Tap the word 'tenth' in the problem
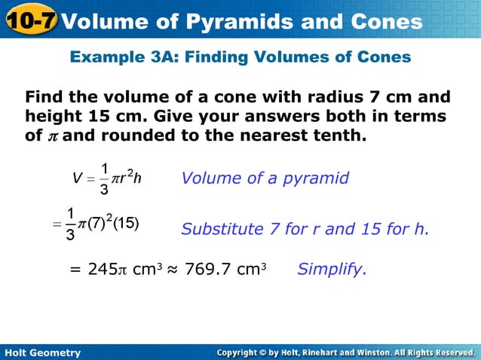tap(336, 136)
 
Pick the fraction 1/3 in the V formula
tap(105, 178)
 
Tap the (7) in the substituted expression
tap(95, 224)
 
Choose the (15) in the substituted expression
tap(124, 224)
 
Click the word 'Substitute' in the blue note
tap(220, 229)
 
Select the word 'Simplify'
tap(332, 269)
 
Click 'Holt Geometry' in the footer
tap(42, 352)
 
